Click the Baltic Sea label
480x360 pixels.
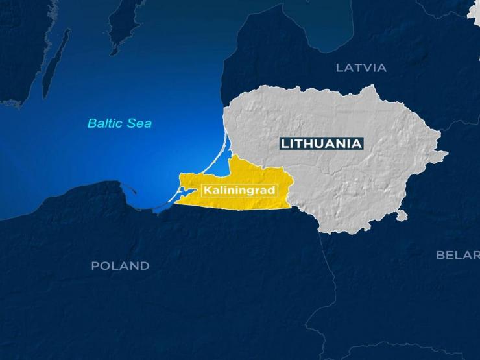click(x=119, y=123)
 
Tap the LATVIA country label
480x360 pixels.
click(x=361, y=67)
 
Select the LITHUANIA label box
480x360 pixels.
click(x=321, y=143)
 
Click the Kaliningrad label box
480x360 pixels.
click(x=239, y=190)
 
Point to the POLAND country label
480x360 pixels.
click(x=120, y=265)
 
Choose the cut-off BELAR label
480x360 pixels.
click(x=457, y=255)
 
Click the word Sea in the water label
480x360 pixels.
click(x=140, y=123)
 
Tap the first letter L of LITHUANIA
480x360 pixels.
click(x=284, y=144)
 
